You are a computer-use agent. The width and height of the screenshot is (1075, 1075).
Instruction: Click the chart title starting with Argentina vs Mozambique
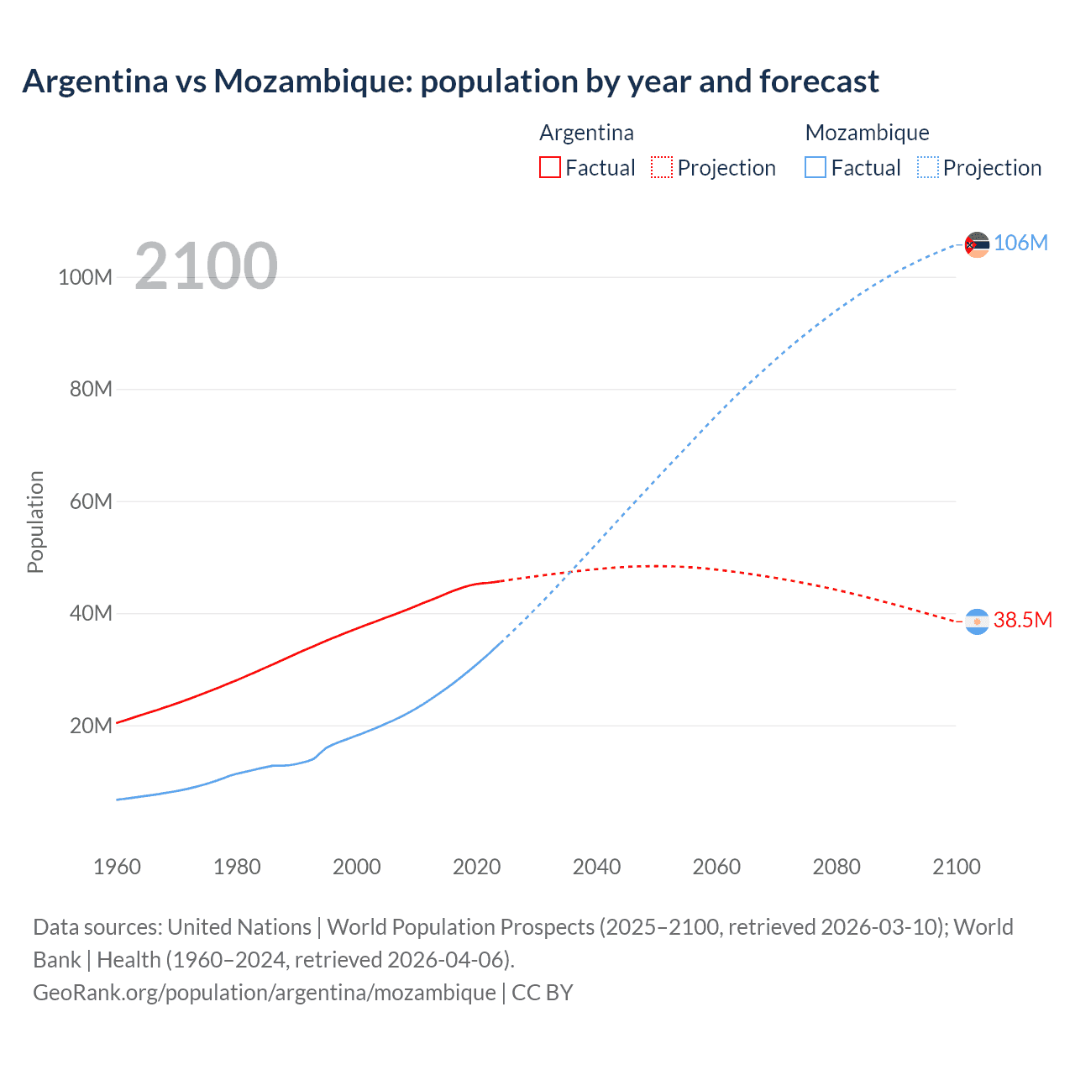pyautogui.click(x=450, y=81)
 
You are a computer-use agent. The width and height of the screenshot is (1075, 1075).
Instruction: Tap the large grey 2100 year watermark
pyautogui.click(x=206, y=266)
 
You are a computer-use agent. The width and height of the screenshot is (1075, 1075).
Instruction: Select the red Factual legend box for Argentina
pyautogui.click(x=549, y=167)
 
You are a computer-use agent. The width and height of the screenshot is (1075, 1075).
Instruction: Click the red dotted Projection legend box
pyautogui.click(x=662, y=167)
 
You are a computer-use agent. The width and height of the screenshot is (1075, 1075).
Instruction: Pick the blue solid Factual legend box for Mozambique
pyautogui.click(x=815, y=167)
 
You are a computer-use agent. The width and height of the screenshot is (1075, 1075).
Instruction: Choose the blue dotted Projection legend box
pyautogui.click(x=927, y=167)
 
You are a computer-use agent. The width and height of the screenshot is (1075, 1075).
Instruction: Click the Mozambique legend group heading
pyautogui.click(x=867, y=133)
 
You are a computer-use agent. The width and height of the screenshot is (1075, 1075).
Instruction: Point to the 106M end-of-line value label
pyautogui.click(x=1020, y=243)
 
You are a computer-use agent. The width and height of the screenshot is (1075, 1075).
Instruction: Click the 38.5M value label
pyautogui.click(x=1022, y=620)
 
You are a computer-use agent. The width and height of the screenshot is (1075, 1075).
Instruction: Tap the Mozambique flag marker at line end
pyautogui.click(x=977, y=244)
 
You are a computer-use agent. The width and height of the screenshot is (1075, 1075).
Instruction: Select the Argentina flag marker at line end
pyautogui.click(x=977, y=621)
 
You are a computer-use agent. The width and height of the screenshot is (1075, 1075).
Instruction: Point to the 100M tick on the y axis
pyautogui.click(x=85, y=277)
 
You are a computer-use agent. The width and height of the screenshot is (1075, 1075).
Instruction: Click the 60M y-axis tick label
pyautogui.click(x=90, y=501)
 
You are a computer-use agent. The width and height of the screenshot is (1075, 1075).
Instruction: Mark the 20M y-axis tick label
pyautogui.click(x=90, y=726)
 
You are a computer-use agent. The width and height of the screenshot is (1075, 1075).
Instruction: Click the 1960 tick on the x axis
pyautogui.click(x=117, y=867)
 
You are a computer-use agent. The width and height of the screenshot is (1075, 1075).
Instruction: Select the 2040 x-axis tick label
pyautogui.click(x=596, y=867)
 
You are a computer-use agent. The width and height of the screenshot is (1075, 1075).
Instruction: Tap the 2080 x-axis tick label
pyautogui.click(x=836, y=867)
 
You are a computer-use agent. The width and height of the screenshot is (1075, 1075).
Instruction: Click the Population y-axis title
pyautogui.click(x=35, y=522)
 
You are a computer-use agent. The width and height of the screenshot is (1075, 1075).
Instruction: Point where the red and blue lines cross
pyautogui.click(x=571, y=572)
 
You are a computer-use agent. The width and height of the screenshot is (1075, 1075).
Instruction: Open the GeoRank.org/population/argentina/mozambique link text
pyautogui.click(x=265, y=993)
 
